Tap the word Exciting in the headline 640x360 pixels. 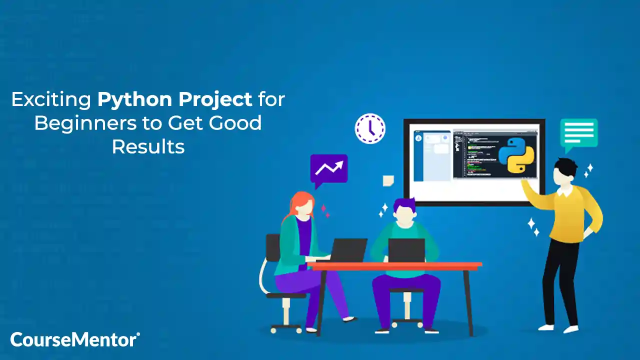coord(50,100)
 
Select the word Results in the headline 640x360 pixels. coord(148,146)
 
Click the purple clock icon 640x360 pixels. coord(370,128)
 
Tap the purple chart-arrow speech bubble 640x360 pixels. coord(328,168)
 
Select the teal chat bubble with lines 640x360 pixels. coord(578,132)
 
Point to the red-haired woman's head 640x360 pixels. coord(301,205)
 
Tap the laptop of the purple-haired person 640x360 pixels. coord(406,250)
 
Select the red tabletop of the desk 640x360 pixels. coord(395,265)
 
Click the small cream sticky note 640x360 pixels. coord(388,180)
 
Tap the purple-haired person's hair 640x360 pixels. coord(404,205)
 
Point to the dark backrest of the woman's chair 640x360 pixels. coord(273,247)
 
